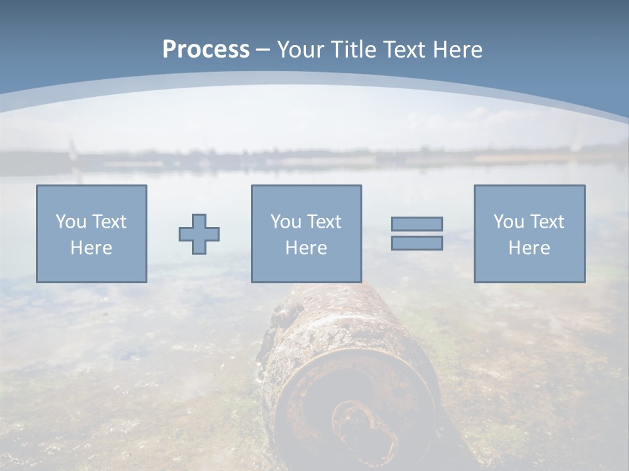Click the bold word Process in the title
tap(206, 50)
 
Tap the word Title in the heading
tap(353, 50)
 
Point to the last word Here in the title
tap(458, 50)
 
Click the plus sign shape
tap(199, 234)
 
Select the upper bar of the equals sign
tap(417, 224)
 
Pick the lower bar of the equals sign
tap(417, 243)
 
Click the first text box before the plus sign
tap(92, 234)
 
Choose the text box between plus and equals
tap(306, 234)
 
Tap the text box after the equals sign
tap(529, 234)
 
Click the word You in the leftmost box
tap(70, 222)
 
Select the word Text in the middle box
tap(324, 222)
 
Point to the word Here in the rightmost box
tap(529, 248)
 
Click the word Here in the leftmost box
tap(91, 248)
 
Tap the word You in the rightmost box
tap(508, 222)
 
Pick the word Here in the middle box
tap(306, 248)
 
